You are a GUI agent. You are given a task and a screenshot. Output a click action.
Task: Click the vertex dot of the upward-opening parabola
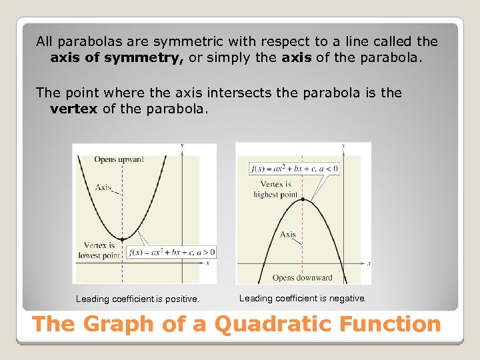pyautogui.click(x=121, y=239)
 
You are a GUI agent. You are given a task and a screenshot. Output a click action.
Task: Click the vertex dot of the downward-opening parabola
pyautogui.click(x=303, y=199)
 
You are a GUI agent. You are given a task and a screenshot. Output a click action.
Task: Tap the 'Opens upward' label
pyautogui.click(x=119, y=159)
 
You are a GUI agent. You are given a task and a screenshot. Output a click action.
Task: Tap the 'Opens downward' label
pyautogui.click(x=302, y=277)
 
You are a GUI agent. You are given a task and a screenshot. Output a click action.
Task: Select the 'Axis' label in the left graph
pyautogui.click(x=103, y=187)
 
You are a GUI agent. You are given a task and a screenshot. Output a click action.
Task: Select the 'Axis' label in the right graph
pyautogui.click(x=288, y=234)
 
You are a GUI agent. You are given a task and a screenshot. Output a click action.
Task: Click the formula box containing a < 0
pyautogui.click(x=294, y=169)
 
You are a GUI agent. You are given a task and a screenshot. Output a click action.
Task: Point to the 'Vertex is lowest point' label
pyautogui.click(x=99, y=250)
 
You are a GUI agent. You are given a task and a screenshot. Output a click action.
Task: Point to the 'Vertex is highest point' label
pyautogui.click(x=275, y=189)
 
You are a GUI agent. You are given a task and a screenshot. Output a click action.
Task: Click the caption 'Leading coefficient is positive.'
pyautogui.click(x=137, y=299)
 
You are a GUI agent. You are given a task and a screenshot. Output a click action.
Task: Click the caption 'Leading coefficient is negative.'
pyautogui.click(x=303, y=299)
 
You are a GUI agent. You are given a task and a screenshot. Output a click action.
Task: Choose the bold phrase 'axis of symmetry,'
pyautogui.click(x=117, y=58)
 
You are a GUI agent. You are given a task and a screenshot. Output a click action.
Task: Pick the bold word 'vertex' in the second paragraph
pyautogui.click(x=74, y=109)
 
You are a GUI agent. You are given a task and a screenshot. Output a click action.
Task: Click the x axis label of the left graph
pyautogui.click(x=207, y=263)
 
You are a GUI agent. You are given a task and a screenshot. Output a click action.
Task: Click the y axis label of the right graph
pyautogui.click(x=343, y=145)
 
